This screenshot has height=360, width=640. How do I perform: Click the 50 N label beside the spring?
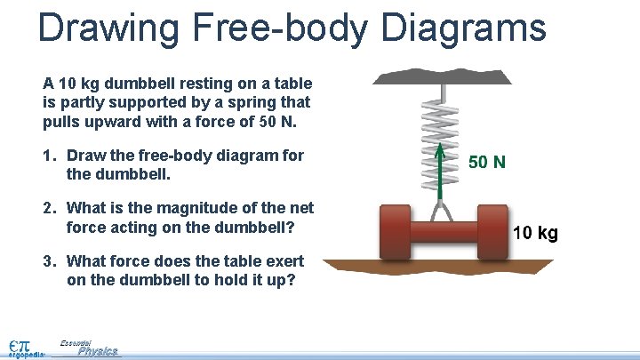tap(487, 162)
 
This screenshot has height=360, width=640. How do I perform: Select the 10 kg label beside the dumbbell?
tap(536, 234)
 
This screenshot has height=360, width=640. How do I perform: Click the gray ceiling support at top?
tap(442, 76)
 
